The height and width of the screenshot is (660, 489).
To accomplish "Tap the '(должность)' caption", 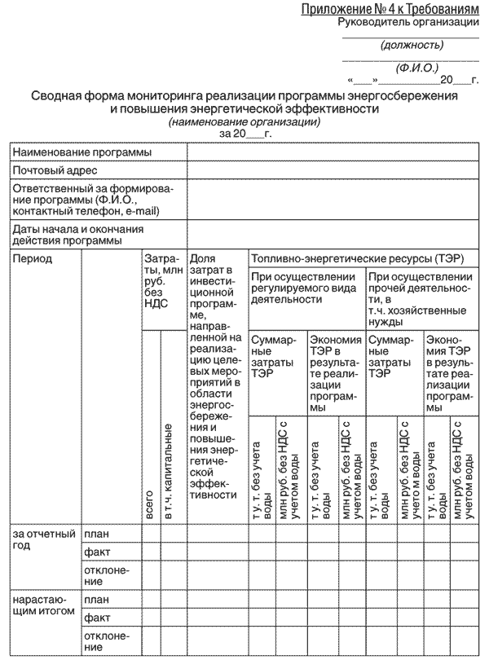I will point(412,46).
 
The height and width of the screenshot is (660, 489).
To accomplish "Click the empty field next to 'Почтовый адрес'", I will point(335,170).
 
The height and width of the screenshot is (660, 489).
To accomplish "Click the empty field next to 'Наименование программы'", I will point(335,152).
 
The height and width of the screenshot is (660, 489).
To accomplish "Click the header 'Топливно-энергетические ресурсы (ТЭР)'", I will point(357,258).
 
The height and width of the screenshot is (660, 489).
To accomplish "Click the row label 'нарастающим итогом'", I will point(44,605).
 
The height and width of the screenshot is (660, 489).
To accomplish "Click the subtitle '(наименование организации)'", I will point(244,121).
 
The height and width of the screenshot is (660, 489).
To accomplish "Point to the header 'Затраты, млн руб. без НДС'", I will point(163,279).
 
